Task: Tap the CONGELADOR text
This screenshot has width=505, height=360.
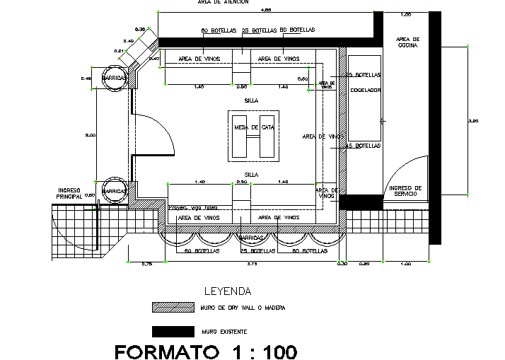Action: click(366, 91)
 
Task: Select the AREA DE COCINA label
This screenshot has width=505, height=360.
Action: click(408, 42)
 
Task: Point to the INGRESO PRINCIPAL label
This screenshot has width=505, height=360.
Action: click(70, 193)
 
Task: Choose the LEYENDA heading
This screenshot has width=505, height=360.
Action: click(227, 291)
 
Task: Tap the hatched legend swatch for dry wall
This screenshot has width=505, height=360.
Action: click(173, 307)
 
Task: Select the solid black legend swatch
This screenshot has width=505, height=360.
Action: click(173, 330)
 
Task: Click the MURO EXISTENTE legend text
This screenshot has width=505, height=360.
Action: click(224, 331)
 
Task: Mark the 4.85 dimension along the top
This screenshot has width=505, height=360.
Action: click(266, 10)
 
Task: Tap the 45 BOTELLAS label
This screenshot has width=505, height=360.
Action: click(364, 146)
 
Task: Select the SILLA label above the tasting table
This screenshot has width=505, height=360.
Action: click(250, 100)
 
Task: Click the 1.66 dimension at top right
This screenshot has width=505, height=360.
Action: click(406, 15)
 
